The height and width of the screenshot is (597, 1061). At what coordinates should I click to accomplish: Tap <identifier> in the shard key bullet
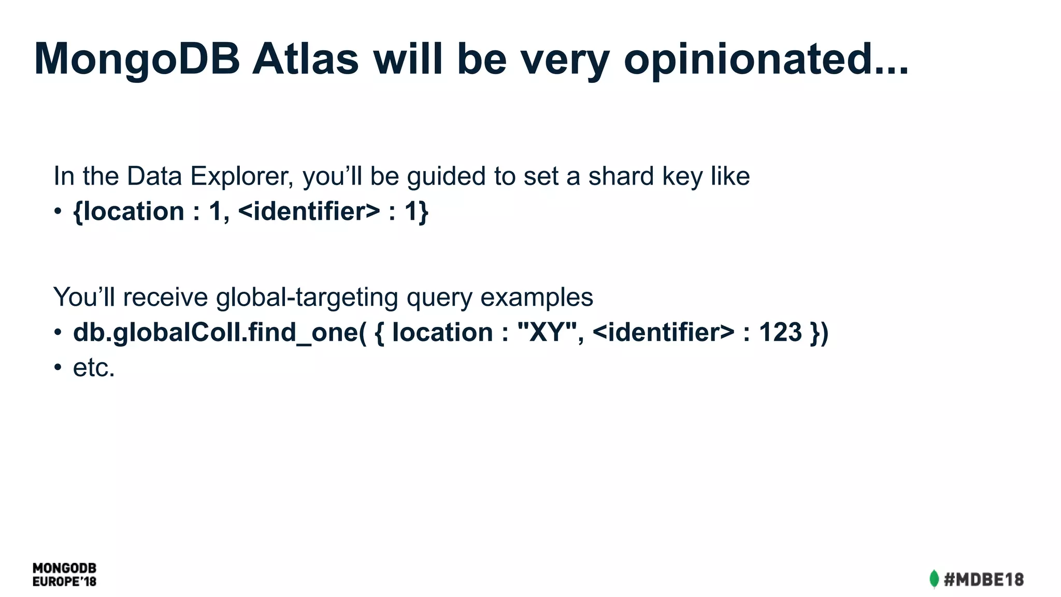(x=309, y=211)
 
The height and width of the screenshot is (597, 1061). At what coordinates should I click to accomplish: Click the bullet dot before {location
(x=58, y=211)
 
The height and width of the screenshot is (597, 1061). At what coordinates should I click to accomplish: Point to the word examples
(x=536, y=297)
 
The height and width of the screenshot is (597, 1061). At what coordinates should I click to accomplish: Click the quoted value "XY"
(x=547, y=333)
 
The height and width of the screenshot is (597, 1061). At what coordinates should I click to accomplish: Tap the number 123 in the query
(x=780, y=333)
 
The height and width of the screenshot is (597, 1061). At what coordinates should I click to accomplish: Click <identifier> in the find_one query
(x=663, y=333)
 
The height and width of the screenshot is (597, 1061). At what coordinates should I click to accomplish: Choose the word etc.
(x=93, y=368)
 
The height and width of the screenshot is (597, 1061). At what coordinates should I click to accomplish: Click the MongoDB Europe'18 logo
(x=64, y=575)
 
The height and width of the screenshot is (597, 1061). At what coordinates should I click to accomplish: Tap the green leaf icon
(x=934, y=579)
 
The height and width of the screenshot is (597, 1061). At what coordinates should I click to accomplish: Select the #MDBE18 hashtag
(x=984, y=579)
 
